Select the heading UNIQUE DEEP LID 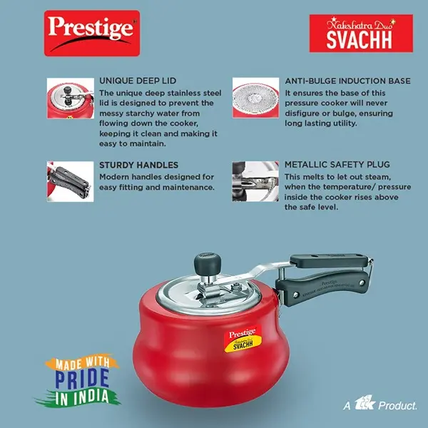(138, 81)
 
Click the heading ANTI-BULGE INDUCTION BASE (347, 81)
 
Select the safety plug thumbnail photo (255, 180)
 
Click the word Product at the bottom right (398, 405)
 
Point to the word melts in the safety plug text (322, 176)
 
